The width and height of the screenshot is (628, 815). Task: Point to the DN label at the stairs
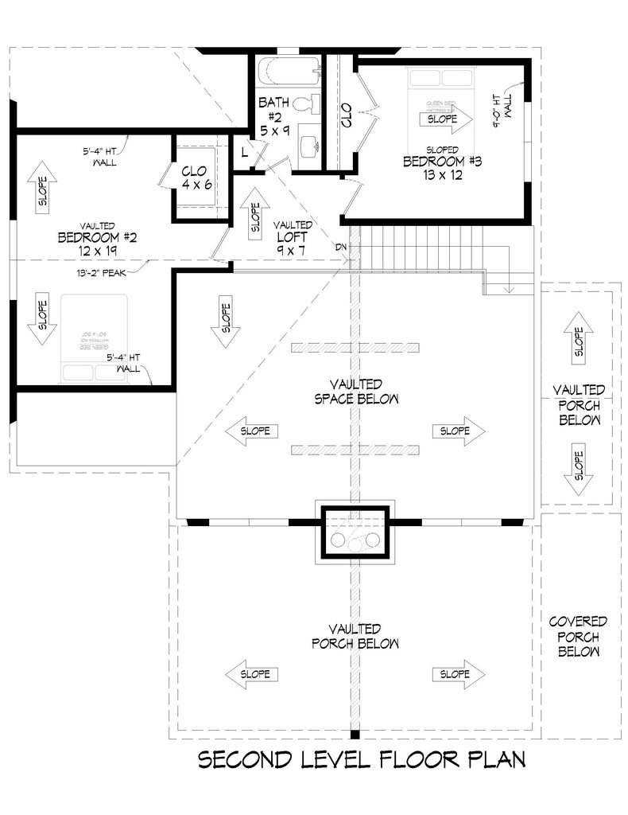342,248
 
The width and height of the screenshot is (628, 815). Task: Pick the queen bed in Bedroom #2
95,338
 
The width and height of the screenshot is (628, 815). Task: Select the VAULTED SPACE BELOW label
355,391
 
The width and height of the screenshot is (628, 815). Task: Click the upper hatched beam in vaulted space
355,347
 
